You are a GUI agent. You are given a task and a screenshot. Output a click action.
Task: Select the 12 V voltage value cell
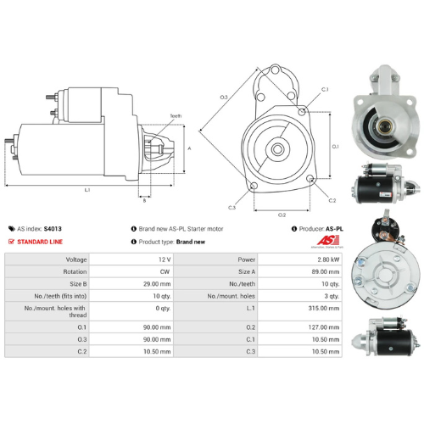[164, 258]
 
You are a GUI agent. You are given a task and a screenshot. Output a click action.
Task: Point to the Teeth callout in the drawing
[176, 114]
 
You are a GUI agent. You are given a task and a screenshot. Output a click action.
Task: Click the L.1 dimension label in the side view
[87, 190]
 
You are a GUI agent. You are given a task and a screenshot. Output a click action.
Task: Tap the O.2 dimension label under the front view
[282, 215]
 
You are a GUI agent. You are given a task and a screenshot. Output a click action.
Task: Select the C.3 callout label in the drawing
[232, 206]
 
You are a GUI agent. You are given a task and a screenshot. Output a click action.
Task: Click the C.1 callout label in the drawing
[325, 89]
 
